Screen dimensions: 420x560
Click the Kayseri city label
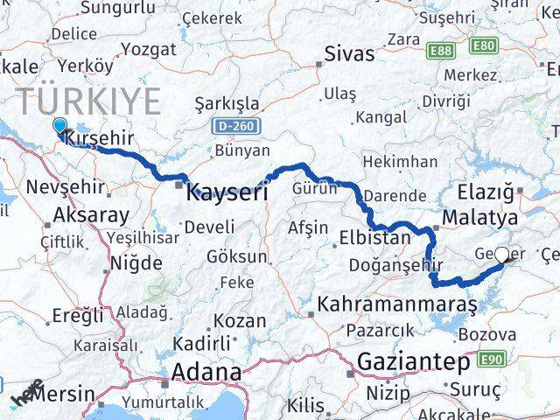pos(227,192)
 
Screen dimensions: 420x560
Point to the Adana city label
pos(206,373)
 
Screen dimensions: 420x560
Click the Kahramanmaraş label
pos(398,305)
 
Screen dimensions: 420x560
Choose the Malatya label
pos(480,216)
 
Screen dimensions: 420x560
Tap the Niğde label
pos(136,262)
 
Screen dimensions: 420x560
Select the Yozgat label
pos(148,49)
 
